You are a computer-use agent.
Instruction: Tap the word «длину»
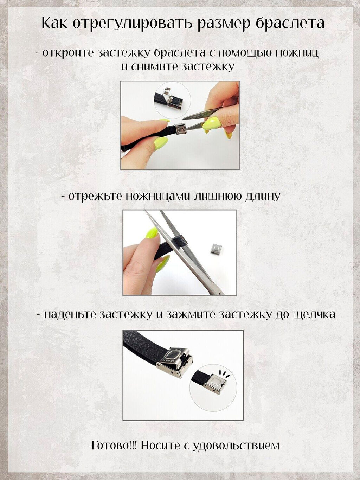coord(262,196)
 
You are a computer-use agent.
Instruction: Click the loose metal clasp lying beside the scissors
coord(217,250)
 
